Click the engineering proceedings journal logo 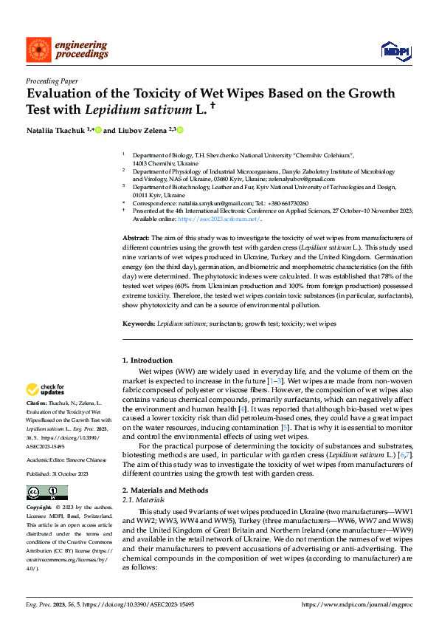coord(60,50)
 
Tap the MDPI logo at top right coord(395,50)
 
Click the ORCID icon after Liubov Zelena coord(180,130)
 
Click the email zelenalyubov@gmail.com coord(303,178)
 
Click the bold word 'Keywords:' coord(139,324)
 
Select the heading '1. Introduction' coord(147,360)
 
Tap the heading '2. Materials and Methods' coord(165,491)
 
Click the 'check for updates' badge coord(46,389)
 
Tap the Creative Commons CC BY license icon coord(46,492)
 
